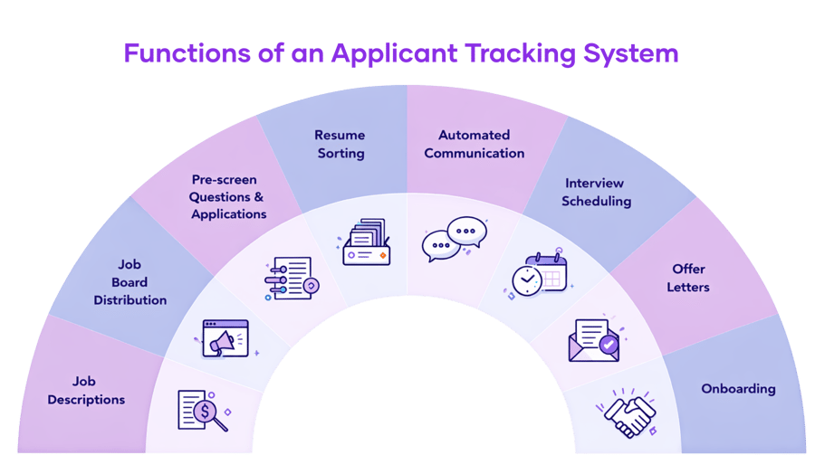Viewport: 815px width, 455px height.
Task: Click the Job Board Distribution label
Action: point(130,281)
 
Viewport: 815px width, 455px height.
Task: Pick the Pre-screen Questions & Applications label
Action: point(228,196)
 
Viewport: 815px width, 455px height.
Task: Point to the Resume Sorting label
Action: point(340,144)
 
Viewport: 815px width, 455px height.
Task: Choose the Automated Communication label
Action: point(474,144)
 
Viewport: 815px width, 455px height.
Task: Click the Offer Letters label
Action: point(689,278)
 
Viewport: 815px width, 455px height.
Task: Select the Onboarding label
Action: point(738,389)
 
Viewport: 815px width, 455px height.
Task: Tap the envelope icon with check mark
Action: point(593,337)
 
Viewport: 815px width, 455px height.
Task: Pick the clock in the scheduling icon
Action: point(526,280)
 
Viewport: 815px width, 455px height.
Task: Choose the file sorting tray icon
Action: point(366,242)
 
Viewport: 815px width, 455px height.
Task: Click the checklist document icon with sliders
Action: point(290,280)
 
